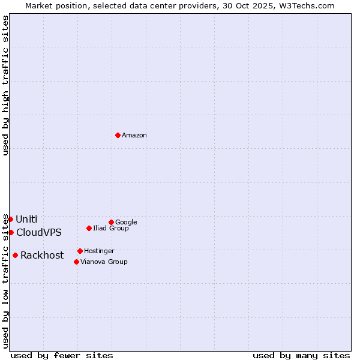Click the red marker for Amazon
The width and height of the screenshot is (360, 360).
point(118,135)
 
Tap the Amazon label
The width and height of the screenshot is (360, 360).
point(134,136)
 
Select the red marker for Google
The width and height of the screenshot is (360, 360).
point(111,222)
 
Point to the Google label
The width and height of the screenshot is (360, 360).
point(126,223)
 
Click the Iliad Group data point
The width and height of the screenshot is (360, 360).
point(89,228)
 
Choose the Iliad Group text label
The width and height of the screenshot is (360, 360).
point(111,229)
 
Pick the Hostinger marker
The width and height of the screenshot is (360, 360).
point(80,251)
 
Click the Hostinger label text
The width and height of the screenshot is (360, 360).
point(99,251)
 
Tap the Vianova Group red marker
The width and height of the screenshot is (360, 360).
point(76,262)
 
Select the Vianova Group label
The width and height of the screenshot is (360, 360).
point(104,262)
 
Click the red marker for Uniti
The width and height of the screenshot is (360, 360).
point(10,219)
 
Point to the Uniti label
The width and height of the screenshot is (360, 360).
point(26,220)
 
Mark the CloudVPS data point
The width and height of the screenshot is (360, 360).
point(11,232)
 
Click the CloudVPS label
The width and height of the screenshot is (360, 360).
point(39,233)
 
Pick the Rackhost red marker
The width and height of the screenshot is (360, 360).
point(15,255)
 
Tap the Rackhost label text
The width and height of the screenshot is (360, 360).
point(42,256)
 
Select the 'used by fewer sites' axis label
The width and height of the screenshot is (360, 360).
point(62,355)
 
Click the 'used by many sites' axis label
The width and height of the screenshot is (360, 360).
point(301,355)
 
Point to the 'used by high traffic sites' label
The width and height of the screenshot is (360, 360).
point(6,85)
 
